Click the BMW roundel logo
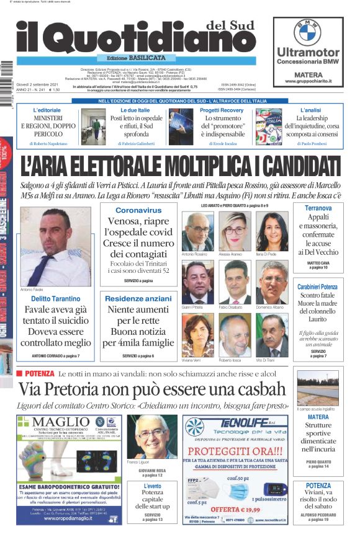coord(307,32)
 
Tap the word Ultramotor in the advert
coord(308,52)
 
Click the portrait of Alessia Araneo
coord(233,231)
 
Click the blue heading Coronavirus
coord(138,210)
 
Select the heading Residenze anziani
coord(138,298)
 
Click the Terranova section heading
coord(317,208)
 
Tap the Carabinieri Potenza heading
coord(317,287)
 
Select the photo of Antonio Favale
coord(55,246)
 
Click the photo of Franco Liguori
coord(151,437)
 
